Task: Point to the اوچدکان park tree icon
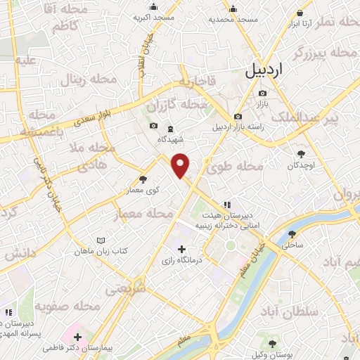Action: [x=302, y=154]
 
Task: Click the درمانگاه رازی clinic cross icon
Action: [x=182, y=249]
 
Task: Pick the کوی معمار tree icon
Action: [x=143, y=179]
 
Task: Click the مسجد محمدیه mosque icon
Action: [x=233, y=8]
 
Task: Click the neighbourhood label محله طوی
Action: [x=234, y=167]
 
